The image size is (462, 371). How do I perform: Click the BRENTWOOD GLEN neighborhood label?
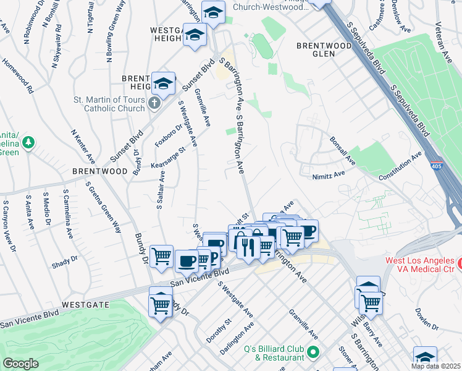point(324,49)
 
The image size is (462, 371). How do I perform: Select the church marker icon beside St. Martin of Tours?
point(154,103)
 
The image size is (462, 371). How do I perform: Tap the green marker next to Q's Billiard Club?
point(313,353)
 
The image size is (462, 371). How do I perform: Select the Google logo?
point(20,364)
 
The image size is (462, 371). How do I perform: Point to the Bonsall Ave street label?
point(342,150)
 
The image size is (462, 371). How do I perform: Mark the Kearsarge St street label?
point(169,157)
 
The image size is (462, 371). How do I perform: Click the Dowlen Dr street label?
point(427,319)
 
